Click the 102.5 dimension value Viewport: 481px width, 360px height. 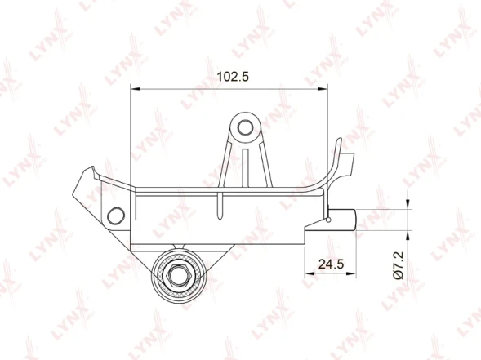click(x=233, y=77)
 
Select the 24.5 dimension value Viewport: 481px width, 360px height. click(x=332, y=264)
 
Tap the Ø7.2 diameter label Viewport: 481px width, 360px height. click(x=399, y=265)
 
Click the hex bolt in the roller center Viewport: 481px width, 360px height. click(x=179, y=276)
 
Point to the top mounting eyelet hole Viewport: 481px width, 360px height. click(x=246, y=128)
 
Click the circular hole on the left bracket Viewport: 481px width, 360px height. click(x=116, y=216)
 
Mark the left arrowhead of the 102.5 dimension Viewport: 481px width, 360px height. click(x=136, y=89)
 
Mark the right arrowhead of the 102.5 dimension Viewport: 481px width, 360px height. click(x=323, y=89)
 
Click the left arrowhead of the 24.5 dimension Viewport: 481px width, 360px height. click(x=310, y=273)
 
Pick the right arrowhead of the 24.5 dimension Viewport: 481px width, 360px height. click(x=351, y=273)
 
